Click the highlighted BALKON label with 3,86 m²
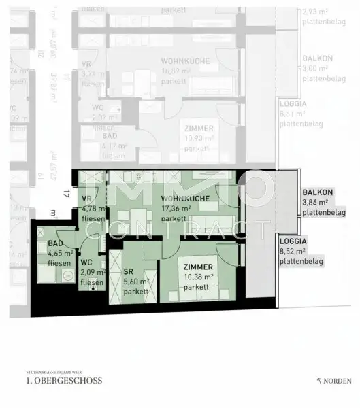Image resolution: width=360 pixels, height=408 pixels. tap(318, 193)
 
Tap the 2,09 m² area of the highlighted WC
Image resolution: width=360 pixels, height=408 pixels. tap(92, 272)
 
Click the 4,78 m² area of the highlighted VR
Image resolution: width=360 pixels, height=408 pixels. tap(93, 209)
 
